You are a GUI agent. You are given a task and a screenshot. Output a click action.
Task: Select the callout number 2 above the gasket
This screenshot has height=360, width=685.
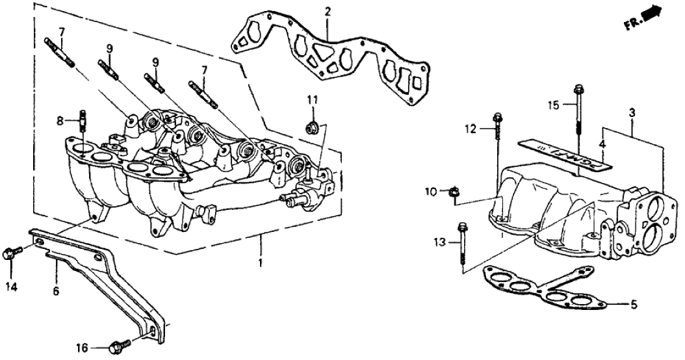click(328, 12)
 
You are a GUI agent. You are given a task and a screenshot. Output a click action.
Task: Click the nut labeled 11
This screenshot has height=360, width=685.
click(312, 125)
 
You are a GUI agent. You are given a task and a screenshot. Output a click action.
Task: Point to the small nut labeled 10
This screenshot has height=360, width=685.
click(455, 192)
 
